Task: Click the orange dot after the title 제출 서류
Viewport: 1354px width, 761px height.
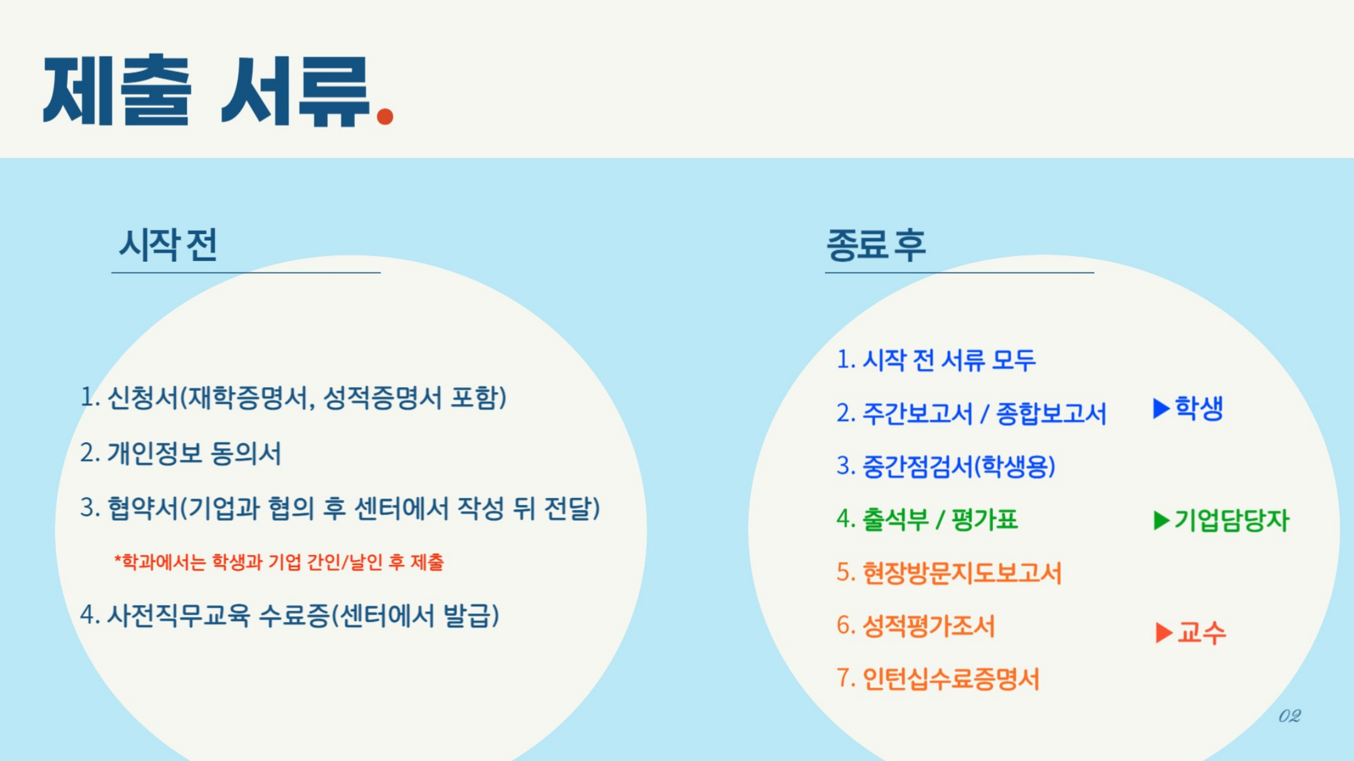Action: coord(385,116)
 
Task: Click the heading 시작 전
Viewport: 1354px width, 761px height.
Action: coord(168,244)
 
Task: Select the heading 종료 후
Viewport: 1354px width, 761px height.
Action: coord(876,244)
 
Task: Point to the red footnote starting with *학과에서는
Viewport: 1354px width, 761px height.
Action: coord(279,562)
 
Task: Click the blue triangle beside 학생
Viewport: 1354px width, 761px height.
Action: coord(1161,408)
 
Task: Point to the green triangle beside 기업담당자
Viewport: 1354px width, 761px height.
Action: coord(1161,520)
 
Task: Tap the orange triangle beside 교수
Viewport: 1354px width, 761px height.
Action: coord(1163,632)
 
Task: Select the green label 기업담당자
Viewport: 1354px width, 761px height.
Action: coord(1231,520)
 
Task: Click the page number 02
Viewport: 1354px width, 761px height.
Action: coord(1289,716)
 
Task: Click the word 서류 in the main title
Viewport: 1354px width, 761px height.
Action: coord(295,91)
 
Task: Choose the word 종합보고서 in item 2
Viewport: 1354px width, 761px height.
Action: coord(1051,413)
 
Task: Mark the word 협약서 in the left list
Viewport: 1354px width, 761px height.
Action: coord(144,507)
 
